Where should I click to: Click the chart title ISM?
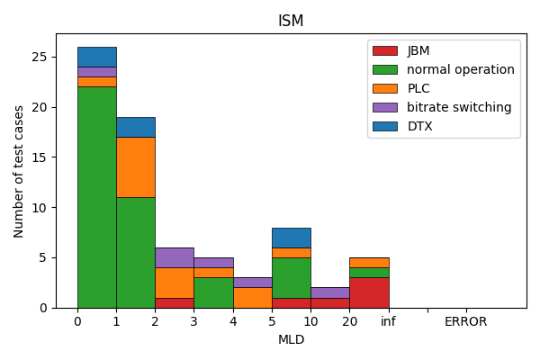pos(291,21)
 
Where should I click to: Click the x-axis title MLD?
pos(291,339)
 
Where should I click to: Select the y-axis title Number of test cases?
pos(19,171)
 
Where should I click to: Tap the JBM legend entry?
pos(418,50)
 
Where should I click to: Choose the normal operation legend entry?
pos(460,69)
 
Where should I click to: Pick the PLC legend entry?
pos(418,88)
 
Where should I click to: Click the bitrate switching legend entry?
pos(458,107)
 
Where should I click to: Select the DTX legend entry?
pos(418,126)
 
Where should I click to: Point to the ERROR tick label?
pos(465,321)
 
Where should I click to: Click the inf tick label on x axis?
pos(388,321)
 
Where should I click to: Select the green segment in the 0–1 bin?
pos(96,197)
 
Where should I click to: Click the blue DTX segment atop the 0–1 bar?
pos(96,57)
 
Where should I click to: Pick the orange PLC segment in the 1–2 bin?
pos(135,167)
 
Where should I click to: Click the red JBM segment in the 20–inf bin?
pos(368,292)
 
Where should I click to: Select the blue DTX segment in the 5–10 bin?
pos(291,238)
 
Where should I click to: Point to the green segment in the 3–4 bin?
pos(212,292)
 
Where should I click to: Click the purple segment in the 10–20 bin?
pos(329,292)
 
